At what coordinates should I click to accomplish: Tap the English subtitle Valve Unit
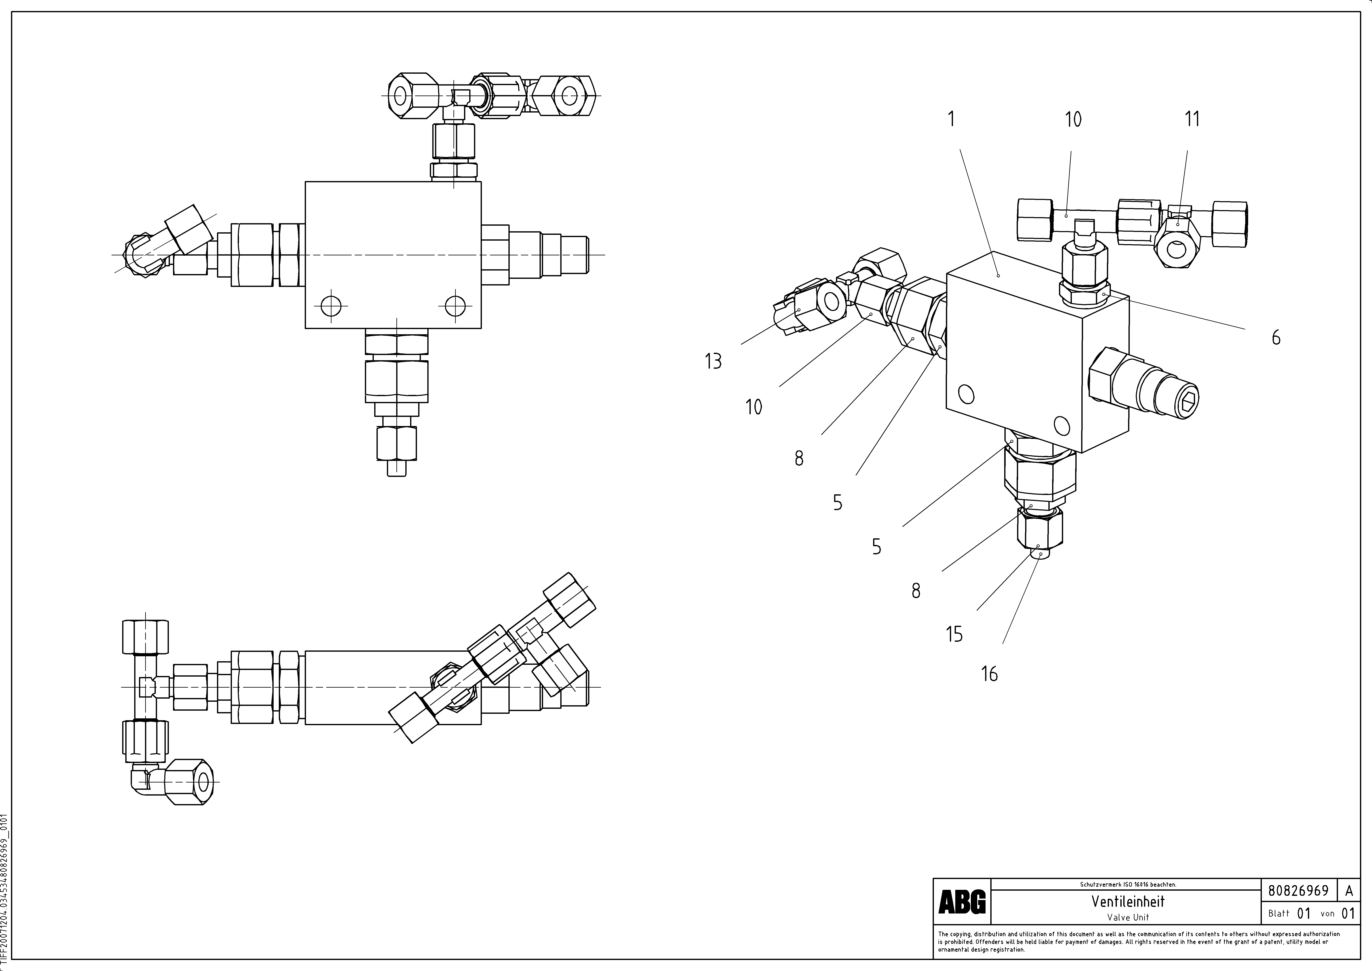point(1128,917)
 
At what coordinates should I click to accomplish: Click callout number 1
point(951,120)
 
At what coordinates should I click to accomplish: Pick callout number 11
point(1192,120)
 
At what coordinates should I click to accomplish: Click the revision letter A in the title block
point(1349,891)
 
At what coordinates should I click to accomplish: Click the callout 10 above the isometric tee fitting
point(1073,120)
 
